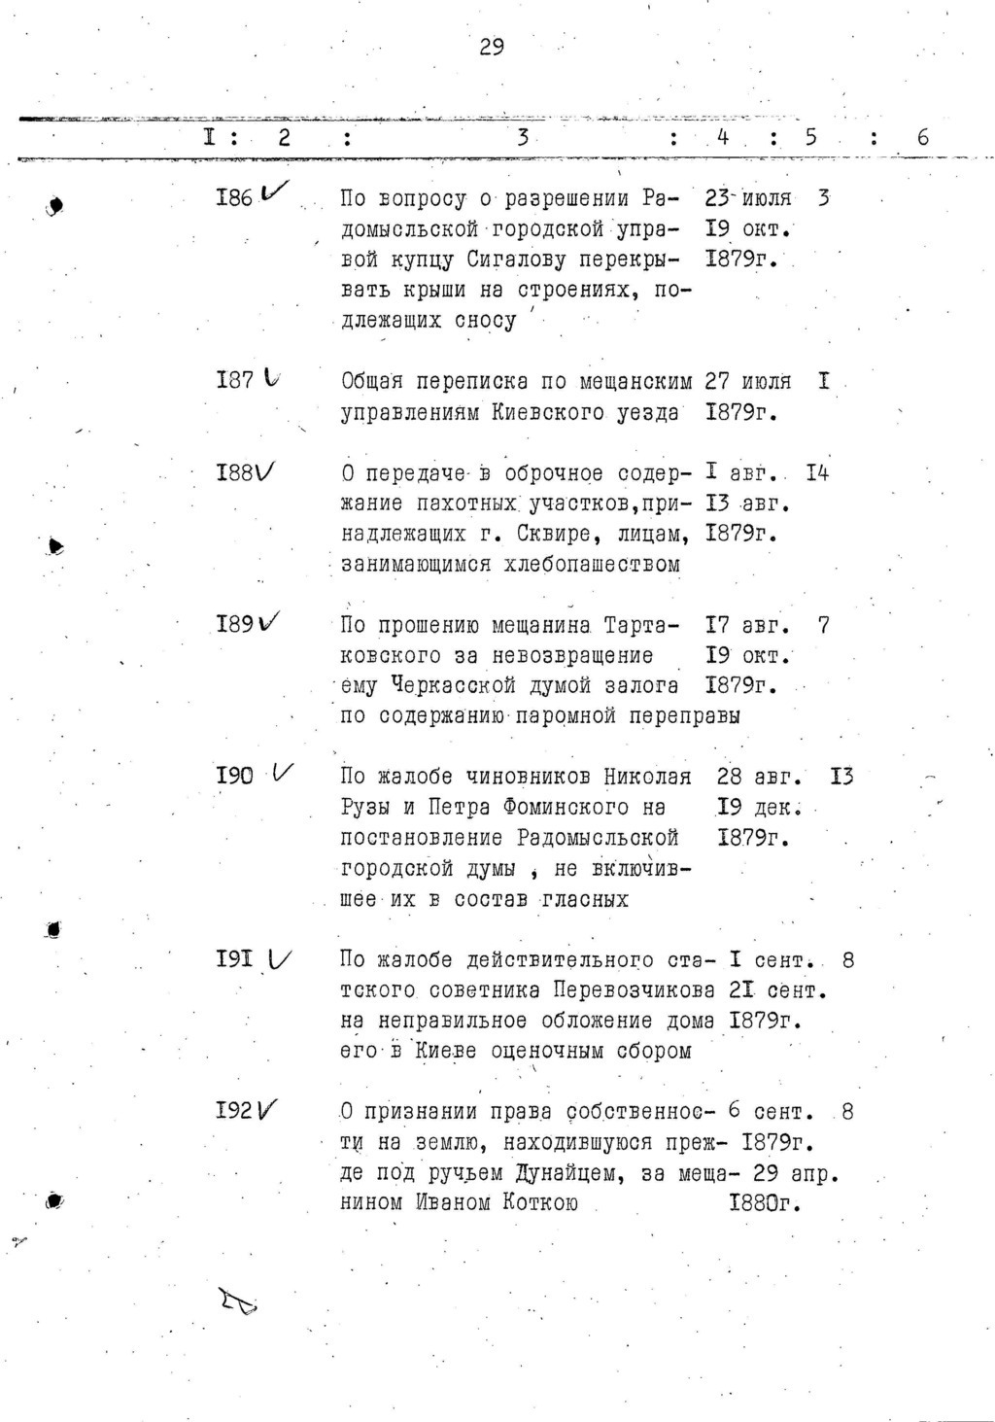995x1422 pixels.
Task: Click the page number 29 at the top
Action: pos(492,47)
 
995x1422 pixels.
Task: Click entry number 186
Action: pos(234,198)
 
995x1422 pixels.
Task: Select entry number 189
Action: pos(235,624)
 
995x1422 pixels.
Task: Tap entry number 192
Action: pos(235,1110)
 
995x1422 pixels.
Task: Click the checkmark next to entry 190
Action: pos(285,774)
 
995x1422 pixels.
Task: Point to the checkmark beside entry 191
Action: pos(280,959)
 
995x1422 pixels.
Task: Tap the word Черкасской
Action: pos(453,685)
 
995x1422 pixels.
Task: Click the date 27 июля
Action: pos(747,381)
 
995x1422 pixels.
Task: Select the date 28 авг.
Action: pos(759,777)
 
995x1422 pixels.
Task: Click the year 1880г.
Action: pos(764,1203)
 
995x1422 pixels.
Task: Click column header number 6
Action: pos(922,138)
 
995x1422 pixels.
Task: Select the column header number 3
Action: pos(523,138)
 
